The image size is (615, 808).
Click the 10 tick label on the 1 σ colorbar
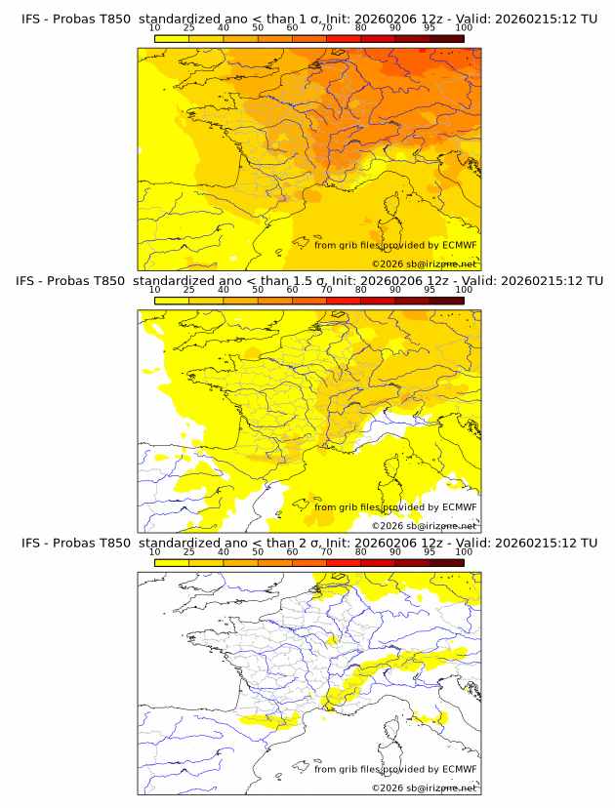point(155,28)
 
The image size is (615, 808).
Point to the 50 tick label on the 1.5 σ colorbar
point(258,290)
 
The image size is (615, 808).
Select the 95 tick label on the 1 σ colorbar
point(430,28)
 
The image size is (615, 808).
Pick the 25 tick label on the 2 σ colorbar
point(189,551)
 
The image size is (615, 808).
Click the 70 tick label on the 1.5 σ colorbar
point(326,290)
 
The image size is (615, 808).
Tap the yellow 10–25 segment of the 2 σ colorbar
point(172,563)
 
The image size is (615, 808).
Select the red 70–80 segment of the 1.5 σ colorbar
point(344,301)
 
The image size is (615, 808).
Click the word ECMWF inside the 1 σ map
point(460,245)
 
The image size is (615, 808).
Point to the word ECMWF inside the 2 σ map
point(460,769)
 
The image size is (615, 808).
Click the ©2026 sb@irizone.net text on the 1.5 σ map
point(424,525)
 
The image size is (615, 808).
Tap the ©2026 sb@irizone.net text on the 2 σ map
point(424,788)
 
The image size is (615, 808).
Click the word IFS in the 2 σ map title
point(31,543)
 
